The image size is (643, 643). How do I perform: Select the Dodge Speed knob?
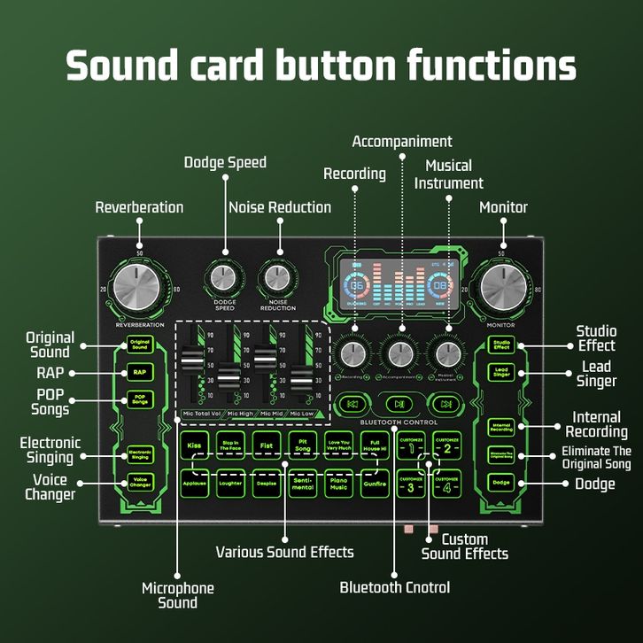(x=225, y=278)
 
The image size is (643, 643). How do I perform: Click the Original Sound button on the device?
(x=139, y=344)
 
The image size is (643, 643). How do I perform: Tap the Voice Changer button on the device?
(x=139, y=483)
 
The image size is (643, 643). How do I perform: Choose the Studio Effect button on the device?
(x=502, y=344)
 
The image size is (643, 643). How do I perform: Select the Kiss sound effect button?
(x=194, y=445)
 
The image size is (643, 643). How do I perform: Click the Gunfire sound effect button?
(x=375, y=484)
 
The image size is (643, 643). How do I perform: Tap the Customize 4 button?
(x=448, y=484)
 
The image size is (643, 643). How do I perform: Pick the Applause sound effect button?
(x=194, y=484)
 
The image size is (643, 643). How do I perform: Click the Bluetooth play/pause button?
(x=399, y=404)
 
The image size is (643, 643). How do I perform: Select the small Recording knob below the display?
(x=355, y=352)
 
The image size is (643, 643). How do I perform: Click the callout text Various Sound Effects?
(x=284, y=552)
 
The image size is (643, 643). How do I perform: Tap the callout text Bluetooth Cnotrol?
(x=394, y=587)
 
